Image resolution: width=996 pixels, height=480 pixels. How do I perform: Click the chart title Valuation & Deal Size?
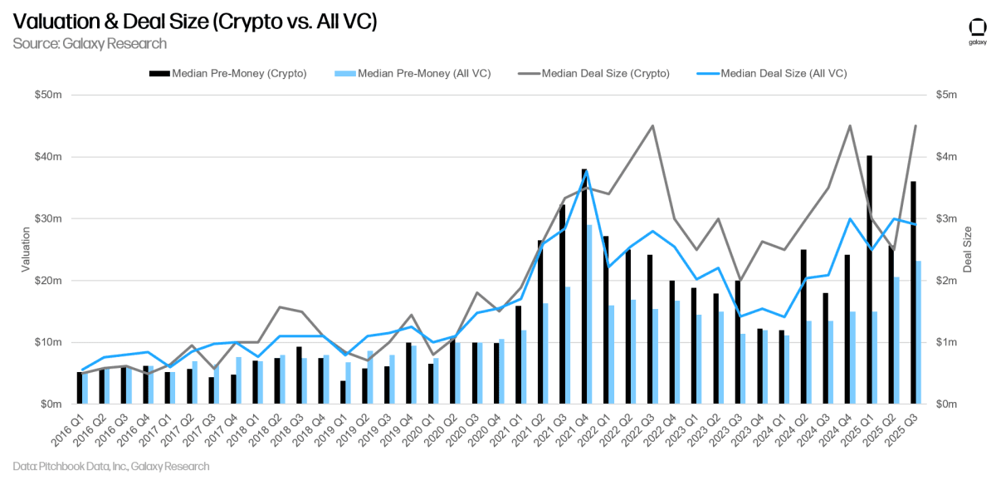coord(195,22)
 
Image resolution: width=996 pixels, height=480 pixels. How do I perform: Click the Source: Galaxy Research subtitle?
coord(90,43)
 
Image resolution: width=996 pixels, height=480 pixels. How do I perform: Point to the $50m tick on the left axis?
coord(48,96)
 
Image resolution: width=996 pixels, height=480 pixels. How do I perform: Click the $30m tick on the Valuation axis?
coord(48,219)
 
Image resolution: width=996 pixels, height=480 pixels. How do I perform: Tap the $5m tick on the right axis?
coord(947,96)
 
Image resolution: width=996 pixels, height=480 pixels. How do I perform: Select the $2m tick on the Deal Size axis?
coord(947,281)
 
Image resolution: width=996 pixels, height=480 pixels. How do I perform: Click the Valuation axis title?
coord(26,249)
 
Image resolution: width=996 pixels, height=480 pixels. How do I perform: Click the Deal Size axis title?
coord(968,249)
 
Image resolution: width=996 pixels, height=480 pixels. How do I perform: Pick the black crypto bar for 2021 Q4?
coord(584,286)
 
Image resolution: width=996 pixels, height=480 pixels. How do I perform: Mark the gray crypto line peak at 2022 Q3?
coord(652,126)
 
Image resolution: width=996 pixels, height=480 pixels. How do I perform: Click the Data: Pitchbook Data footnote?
coord(111,467)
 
